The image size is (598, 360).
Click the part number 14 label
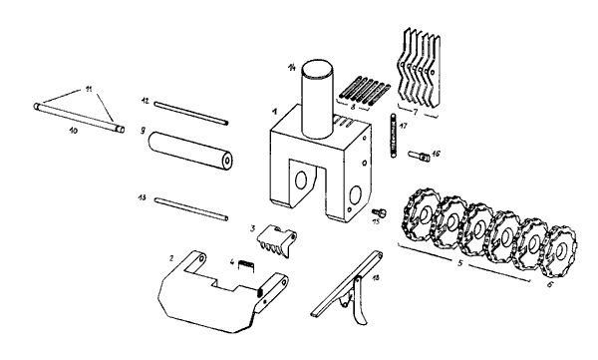coord(292,68)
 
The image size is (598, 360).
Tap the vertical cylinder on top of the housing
coord(318,99)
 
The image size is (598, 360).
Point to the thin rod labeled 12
coord(191,113)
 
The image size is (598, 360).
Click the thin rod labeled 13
coord(191,208)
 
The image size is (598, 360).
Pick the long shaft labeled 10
coord(79,118)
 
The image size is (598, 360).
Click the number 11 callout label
coord(89,90)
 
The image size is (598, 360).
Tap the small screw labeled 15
coord(379,211)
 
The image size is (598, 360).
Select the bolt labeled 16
coord(420,156)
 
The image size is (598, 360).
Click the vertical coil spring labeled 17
coord(393,136)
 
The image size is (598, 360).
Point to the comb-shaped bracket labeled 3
coord(276,239)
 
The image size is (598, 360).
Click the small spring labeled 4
coord(246,265)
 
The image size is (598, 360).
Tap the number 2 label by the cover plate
coord(171,258)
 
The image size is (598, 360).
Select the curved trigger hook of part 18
coord(360,301)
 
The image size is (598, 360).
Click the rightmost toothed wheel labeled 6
coord(559,254)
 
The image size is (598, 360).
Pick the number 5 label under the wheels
coord(460,263)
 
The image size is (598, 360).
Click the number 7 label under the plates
coord(416,113)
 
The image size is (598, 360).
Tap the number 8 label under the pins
coord(353,107)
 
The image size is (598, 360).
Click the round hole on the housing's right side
coord(356,195)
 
